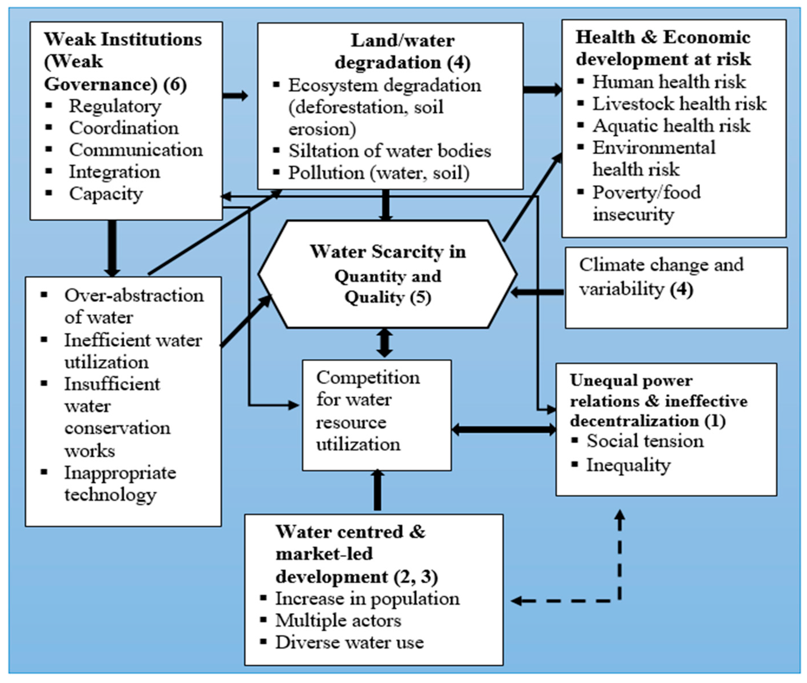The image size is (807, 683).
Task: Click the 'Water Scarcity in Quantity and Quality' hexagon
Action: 388,274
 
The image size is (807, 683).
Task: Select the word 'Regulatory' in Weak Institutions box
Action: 115,106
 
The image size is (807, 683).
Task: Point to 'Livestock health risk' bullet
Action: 679,104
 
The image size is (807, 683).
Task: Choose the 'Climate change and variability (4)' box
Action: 676,288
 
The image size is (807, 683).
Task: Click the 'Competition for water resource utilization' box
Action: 376,415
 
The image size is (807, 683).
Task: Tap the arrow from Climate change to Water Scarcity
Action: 537,292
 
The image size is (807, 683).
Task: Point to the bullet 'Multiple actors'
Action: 338,621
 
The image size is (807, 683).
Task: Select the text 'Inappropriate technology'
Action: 120,484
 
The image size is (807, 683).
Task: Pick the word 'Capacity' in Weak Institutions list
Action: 106,194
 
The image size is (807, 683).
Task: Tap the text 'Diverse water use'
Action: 349,643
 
